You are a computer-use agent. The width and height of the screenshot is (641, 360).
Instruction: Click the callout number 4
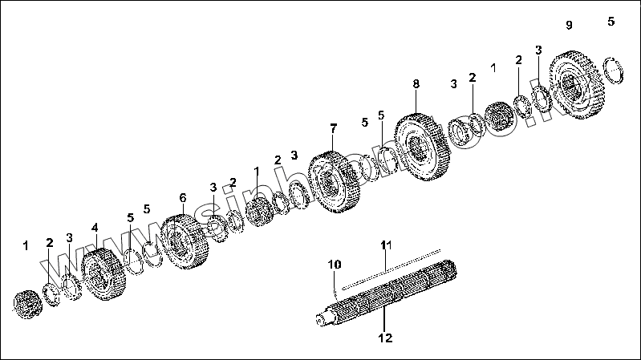(95, 228)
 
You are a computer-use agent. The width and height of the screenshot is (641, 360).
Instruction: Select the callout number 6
(182, 197)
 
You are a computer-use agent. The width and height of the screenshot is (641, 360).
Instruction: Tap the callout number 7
(334, 128)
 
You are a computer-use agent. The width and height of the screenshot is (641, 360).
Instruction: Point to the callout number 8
(416, 83)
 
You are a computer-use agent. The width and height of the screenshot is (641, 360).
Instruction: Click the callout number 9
(569, 26)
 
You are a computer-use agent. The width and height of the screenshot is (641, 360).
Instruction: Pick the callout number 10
(334, 263)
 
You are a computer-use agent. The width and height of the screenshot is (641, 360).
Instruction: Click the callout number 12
(385, 338)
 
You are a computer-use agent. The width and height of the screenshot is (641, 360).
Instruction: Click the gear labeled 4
(104, 273)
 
